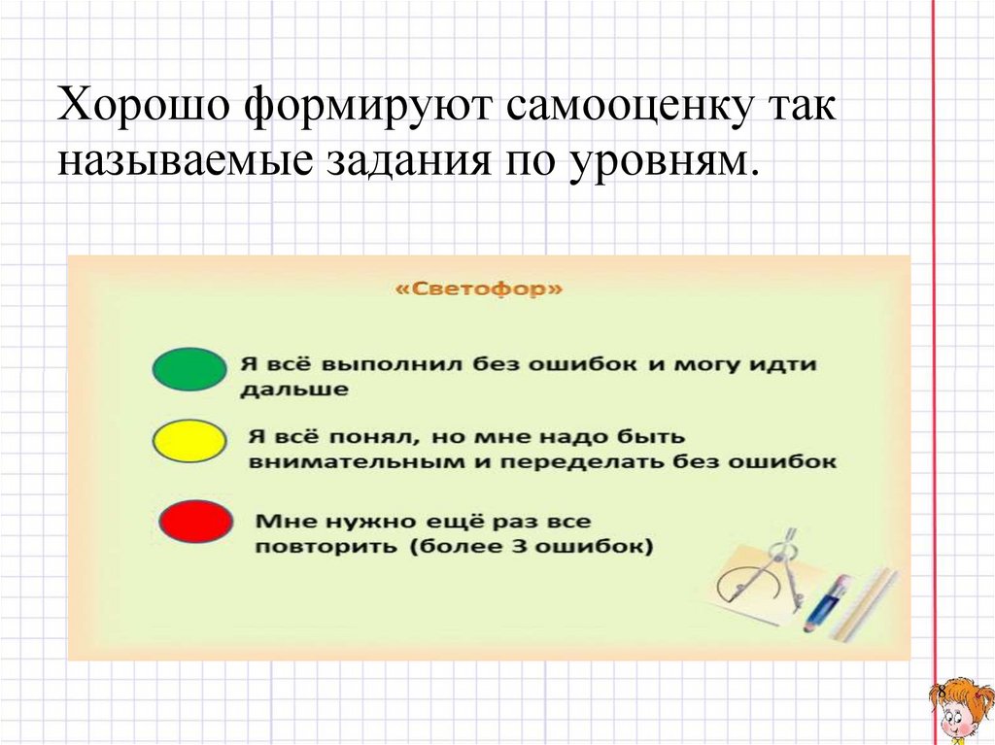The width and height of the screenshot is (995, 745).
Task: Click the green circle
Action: [189, 369]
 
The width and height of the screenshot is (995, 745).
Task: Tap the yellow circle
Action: [189, 441]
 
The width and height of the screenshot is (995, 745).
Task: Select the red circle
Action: [194, 522]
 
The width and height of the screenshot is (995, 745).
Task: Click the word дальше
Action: [294, 389]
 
